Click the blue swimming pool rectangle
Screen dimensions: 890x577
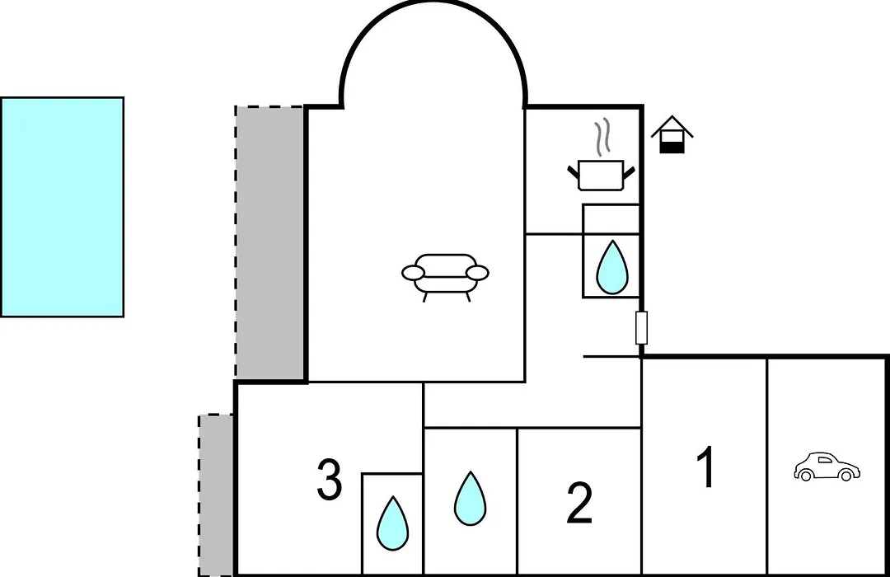point(62,207)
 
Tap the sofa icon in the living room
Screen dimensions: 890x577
point(445,277)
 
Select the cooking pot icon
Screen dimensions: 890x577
point(601,176)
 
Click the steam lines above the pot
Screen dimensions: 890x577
point(602,136)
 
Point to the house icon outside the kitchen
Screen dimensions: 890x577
point(672,134)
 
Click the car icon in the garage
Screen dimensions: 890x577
point(827,467)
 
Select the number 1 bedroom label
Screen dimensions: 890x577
point(705,467)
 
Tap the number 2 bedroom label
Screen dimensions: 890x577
point(579,503)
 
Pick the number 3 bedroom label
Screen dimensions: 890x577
point(329,480)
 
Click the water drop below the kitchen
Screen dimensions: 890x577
point(612,268)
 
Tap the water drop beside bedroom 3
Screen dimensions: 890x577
point(393,523)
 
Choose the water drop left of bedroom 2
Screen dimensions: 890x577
point(470,498)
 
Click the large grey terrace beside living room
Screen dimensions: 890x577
point(270,242)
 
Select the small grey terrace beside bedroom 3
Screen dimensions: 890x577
point(216,495)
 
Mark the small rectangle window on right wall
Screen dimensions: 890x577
point(641,328)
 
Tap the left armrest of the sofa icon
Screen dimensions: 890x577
point(414,273)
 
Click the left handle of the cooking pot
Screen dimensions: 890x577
point(574,171)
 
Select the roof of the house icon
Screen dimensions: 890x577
point(672,126)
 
